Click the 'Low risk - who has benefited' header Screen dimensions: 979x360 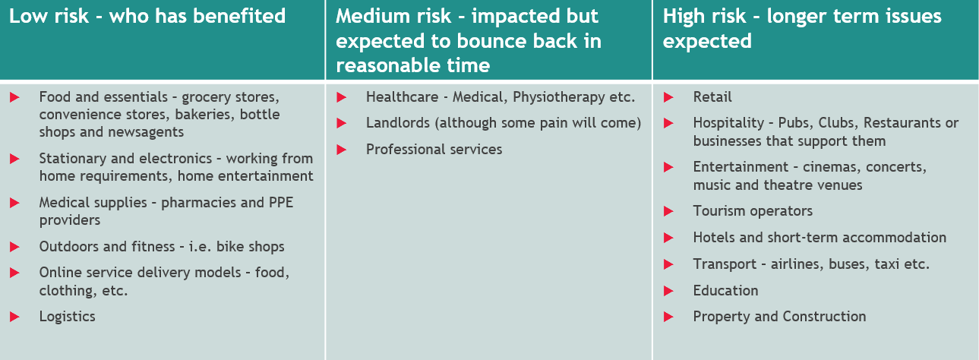pos(147,16)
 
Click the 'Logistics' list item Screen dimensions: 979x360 pos(68,317)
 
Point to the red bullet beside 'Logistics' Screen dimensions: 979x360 pos(14,317)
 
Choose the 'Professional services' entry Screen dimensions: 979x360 pos(434,150)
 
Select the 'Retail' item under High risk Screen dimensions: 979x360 pos(712,97)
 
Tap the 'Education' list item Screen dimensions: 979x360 pos(725,291)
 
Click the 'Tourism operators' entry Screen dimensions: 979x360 pos(753,211)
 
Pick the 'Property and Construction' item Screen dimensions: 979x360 pos(779,316)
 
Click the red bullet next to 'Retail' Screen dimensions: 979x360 pos(668,97)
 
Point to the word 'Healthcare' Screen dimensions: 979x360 pos(402,97)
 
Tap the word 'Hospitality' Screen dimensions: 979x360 pos(728,123)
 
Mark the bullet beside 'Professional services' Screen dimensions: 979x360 pos(341,150)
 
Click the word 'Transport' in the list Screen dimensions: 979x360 pos(725,264)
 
